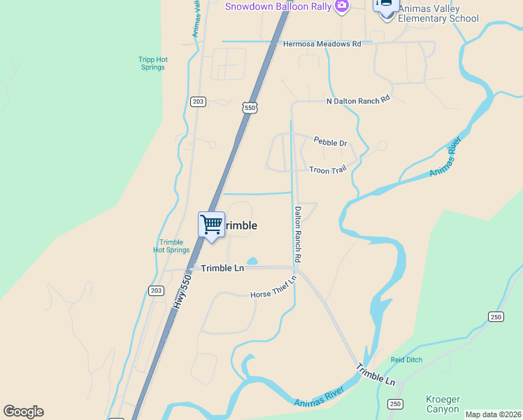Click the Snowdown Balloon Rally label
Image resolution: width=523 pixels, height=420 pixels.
(278, 6)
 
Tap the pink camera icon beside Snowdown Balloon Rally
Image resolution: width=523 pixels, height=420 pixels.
(342, 6)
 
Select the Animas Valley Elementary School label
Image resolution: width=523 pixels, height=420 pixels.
(438, 13)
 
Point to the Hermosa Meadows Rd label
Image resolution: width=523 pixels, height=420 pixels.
(322, 43)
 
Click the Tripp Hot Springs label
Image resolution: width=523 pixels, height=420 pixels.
(152, 64)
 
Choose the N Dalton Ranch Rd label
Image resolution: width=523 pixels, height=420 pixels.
(357, 101)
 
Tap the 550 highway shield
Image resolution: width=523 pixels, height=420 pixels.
(250, 107)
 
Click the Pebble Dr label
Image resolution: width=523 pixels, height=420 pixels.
(330, 143)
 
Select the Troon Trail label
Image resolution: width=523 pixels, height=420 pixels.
(327, 169)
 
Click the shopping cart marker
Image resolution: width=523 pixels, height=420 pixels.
(211, 225)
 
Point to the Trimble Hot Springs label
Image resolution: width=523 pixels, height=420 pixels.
(171, 246)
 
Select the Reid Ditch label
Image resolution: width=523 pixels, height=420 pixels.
(406, 360)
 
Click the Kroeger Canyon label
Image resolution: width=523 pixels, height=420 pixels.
(443, 404)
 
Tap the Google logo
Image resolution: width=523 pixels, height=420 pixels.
(23, 412)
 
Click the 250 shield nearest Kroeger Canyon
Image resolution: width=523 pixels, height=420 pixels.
(395, 404)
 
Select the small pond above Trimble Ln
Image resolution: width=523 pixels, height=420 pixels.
(252, 262)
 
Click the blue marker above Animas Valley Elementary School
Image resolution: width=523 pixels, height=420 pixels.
(386, 4)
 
